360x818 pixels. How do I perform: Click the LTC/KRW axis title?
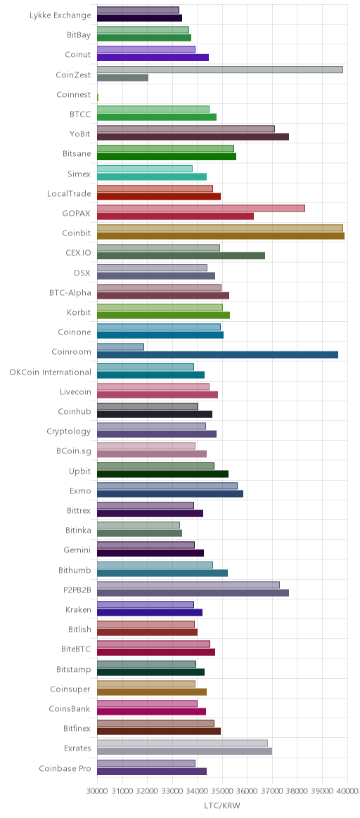pyautogui.click(x=222, y=806)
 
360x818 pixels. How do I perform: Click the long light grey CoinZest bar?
pyautogui.click(x=219, y=70)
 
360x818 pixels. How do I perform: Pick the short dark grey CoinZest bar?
pyautogui.click(x=122, y=78)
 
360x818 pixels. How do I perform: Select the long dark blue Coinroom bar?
pyautogui.click(x=217, y=355)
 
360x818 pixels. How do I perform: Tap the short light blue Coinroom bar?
pyautogui.click(x=120, y=347)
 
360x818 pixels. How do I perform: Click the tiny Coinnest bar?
pyautogui.click(x=98, y=97)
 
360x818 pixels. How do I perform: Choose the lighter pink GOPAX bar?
pyautogui.click(x=201, y=208)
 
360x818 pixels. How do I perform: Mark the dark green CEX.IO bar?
pyautogui.click(x=181, y=256)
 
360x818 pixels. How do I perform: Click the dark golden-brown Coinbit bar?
pyautogui.click(x=221, y=236)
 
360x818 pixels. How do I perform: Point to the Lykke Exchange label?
pyautogui.click(x=60, y=15)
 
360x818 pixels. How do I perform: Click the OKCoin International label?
pyautogui.click(x=50, y=372)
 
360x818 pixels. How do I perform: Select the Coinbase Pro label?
pyautogui.click(x=65, y=768)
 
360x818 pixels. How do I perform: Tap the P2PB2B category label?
pyautogui.click(x=76, y=590)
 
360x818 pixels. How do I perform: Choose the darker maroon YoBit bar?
pyautogui.click(x=193, y=136)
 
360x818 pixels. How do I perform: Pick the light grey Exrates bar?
pyautogui.click(x=182, y=743)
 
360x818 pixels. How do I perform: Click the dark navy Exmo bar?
pyautogui.click(x=170, y=493)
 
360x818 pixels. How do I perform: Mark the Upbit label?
pyautogui.click(x=80, y=471)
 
